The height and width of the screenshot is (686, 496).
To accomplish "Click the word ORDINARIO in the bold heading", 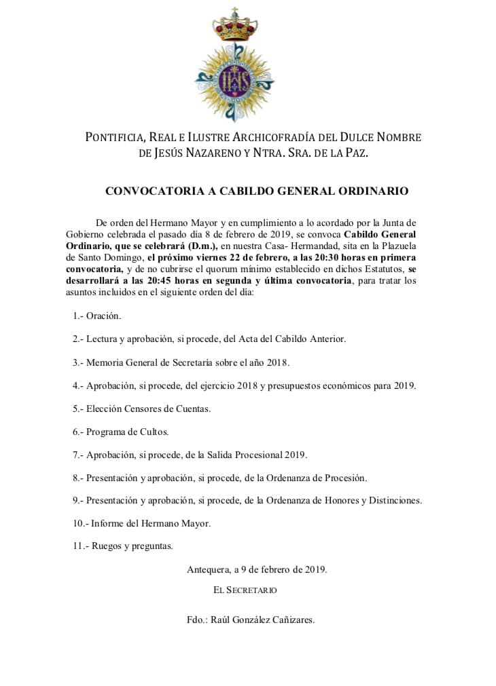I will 372,191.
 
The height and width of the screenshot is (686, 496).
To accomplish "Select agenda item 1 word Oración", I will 104,316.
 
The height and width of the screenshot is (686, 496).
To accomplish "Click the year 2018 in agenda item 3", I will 276,362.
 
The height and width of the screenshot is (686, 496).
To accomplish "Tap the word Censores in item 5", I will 148,408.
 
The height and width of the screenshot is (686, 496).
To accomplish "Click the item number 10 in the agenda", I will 77,523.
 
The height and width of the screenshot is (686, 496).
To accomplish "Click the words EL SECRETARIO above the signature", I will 245,590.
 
